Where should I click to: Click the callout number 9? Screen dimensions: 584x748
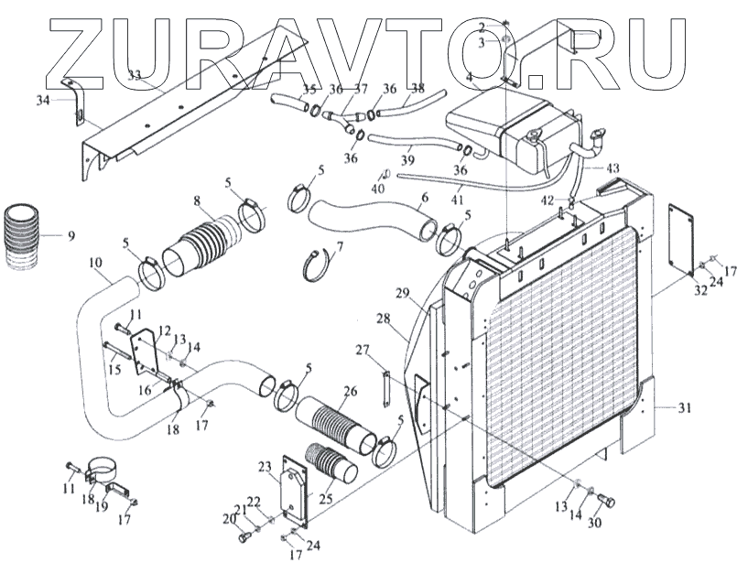70,236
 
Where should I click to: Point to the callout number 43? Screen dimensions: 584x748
612,168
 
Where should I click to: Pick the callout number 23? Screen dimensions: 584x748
266,466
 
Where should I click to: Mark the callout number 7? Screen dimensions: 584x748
340,246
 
